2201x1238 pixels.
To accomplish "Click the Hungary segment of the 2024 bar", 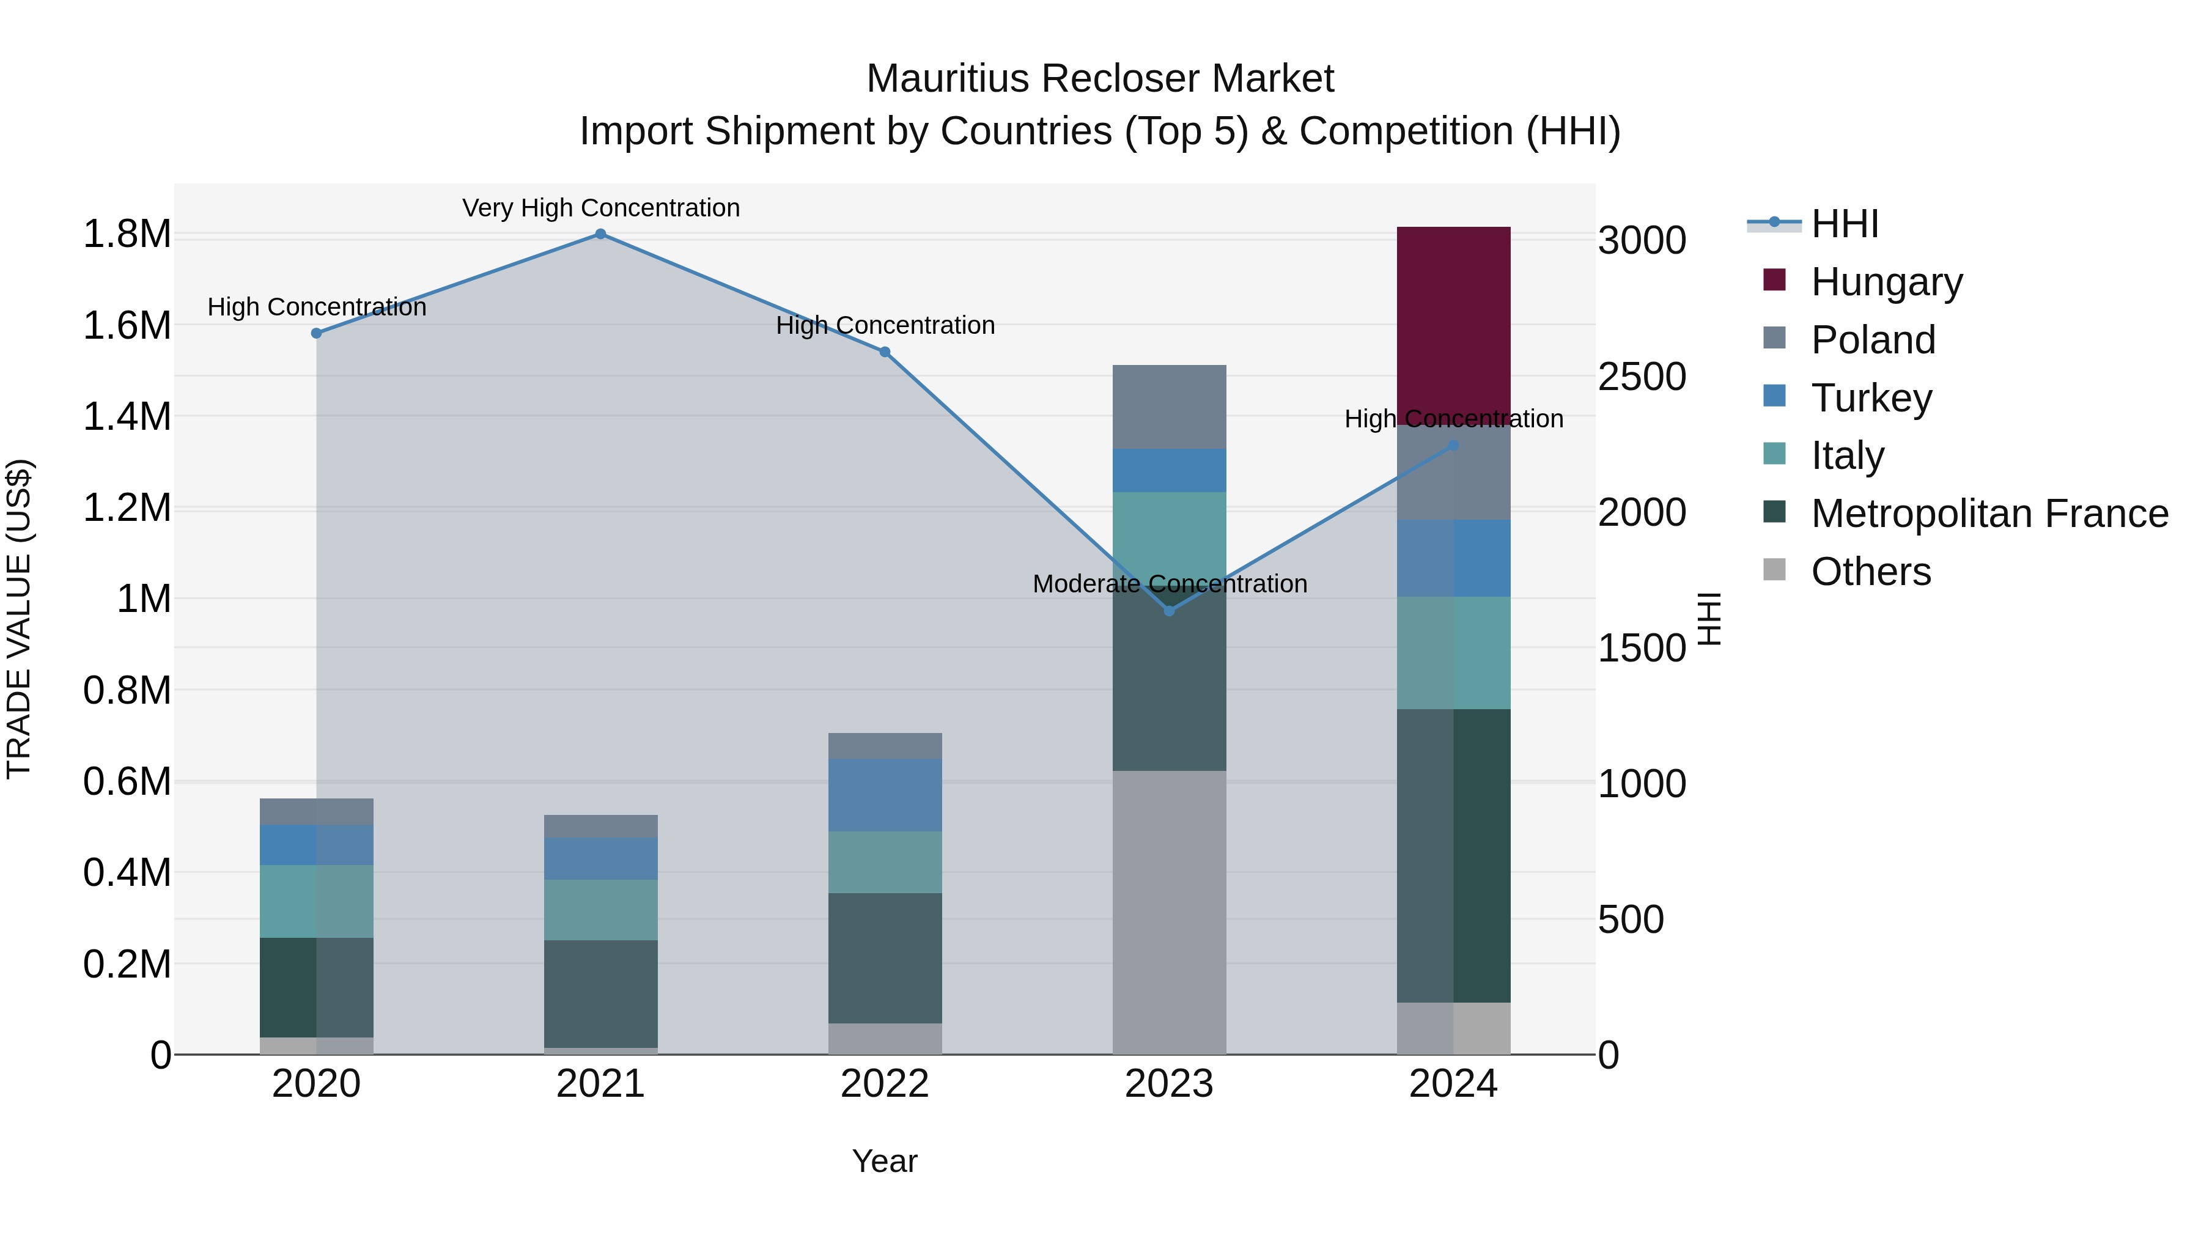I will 1453,325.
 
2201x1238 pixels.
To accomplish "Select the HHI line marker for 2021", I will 600,234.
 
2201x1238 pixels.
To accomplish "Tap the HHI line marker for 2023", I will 1169,611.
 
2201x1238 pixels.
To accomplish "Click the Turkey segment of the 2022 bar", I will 885,795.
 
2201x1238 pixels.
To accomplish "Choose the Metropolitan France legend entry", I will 1988,514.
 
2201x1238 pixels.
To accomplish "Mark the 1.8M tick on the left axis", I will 127,234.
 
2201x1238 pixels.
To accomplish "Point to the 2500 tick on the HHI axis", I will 1642,377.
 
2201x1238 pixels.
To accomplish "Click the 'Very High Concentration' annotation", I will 600,208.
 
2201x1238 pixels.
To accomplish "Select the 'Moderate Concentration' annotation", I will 1169,584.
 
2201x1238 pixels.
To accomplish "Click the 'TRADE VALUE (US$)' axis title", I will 19,619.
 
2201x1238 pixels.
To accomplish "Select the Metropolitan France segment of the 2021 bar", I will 600,993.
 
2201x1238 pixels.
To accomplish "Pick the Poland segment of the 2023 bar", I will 1169,407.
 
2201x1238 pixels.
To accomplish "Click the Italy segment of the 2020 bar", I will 316,901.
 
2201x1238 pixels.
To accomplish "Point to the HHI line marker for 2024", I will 1453,445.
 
